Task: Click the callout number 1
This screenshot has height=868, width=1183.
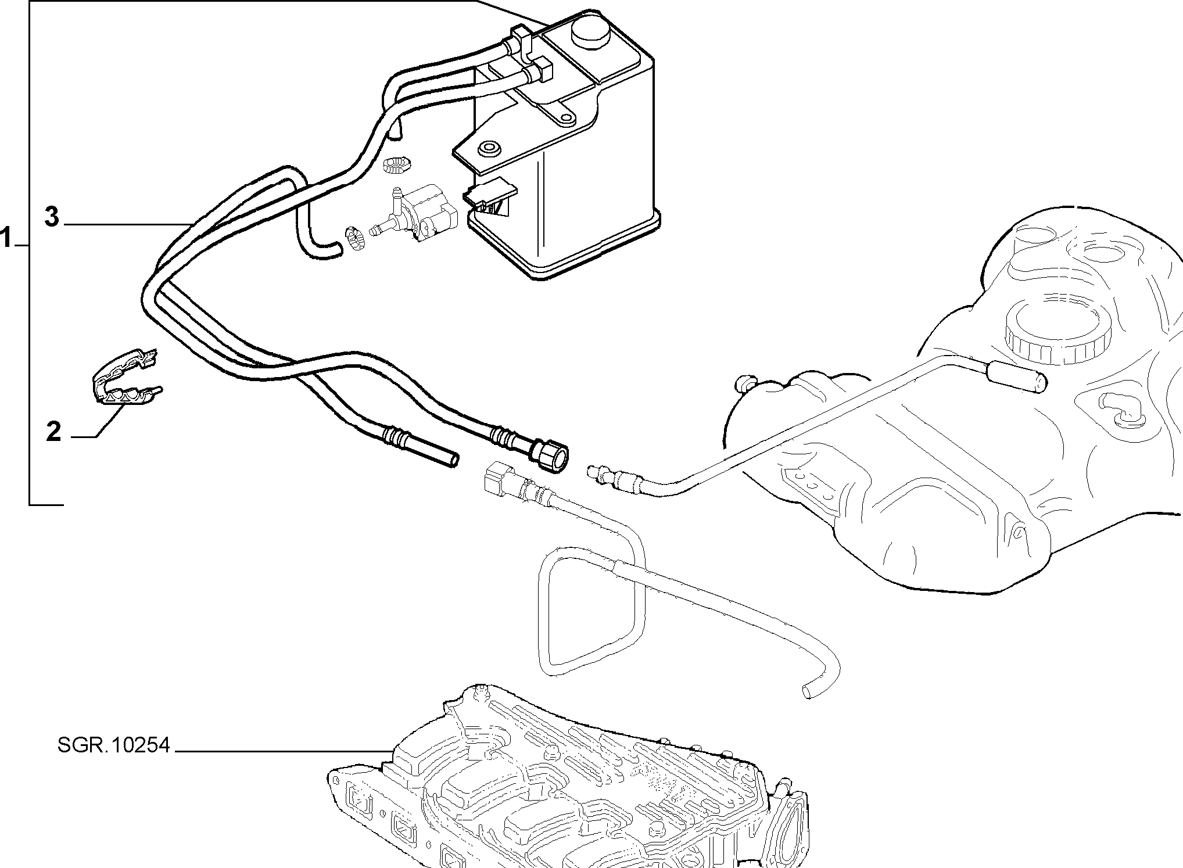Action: pos(6,238)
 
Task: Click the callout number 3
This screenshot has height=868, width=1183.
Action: pos(52,217)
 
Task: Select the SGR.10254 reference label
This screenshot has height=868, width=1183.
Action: pos(114,745)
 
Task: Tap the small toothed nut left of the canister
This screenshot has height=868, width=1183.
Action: pos(397,164)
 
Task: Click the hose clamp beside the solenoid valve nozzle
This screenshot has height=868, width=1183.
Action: pos(354,239)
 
